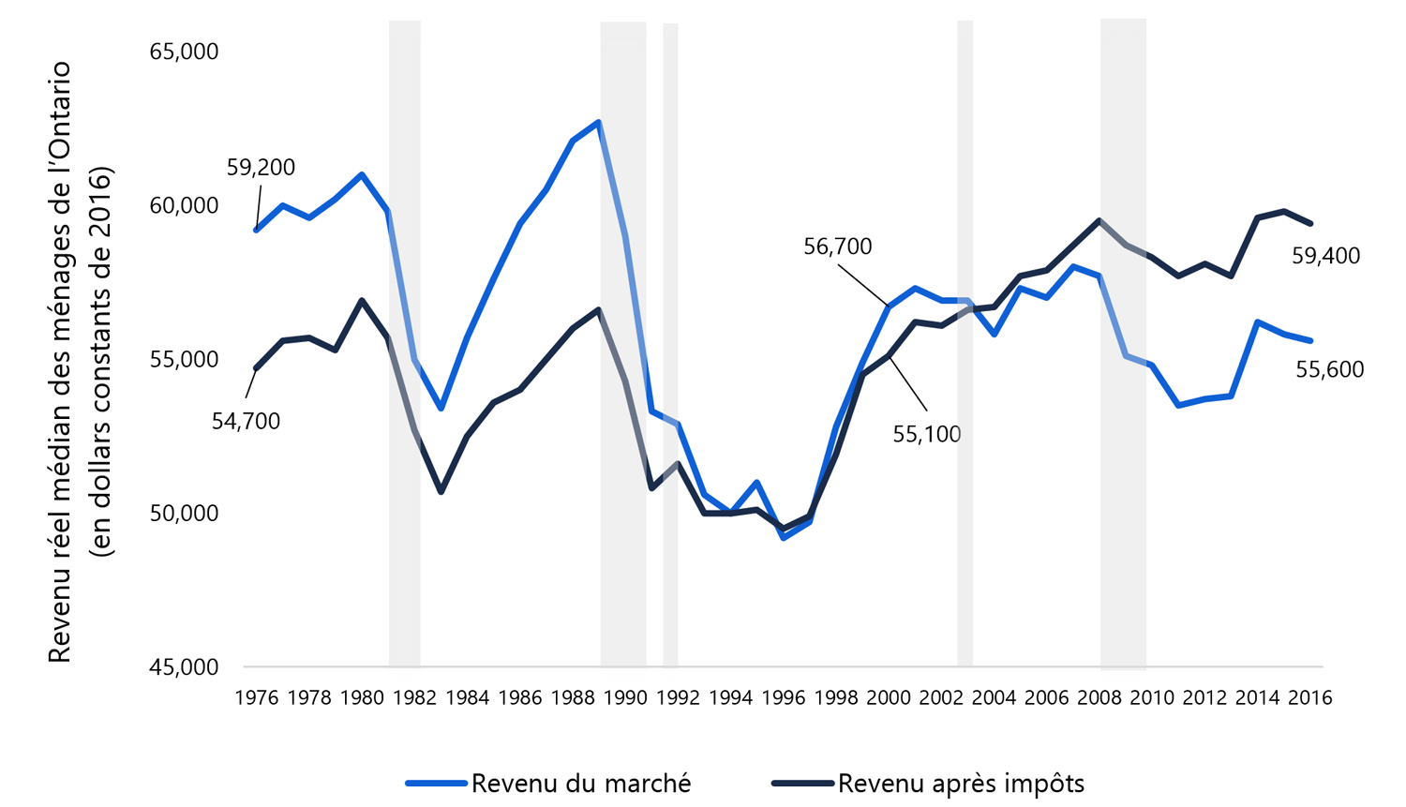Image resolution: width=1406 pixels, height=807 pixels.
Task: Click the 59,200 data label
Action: (261, 168)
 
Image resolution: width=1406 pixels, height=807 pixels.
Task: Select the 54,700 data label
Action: (246, 422)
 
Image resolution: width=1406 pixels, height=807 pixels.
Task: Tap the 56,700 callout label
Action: (837, 247)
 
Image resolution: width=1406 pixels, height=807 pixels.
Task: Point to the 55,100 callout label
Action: (926, 435)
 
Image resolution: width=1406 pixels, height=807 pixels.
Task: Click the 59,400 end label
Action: (1325, 256)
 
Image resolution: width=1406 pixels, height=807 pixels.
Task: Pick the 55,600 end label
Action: (1329, 370)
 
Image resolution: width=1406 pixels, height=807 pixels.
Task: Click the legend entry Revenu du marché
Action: (580, 784)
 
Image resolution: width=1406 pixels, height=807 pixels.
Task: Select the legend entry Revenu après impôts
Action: (960, 784)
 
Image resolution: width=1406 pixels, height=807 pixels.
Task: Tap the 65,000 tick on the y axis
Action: (184, 52)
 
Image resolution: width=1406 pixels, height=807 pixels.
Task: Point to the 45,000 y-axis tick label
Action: (184, 667)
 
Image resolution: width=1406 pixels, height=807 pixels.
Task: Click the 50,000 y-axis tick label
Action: (184, 514)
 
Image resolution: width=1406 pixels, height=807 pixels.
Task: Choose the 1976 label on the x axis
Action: (256, 698)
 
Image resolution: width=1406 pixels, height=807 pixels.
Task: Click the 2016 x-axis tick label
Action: (1309, 698)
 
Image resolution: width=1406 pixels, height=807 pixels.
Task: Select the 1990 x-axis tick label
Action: (624, 698)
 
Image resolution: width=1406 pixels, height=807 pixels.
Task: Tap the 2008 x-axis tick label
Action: (1099, 698)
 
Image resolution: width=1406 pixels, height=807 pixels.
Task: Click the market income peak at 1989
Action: (598, 122)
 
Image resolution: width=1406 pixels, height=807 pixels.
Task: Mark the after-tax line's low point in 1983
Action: (441, 491)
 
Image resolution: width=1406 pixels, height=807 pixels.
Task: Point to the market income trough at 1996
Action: (783, 537)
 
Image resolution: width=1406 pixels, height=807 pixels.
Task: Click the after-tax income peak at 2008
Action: (1099, 220)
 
